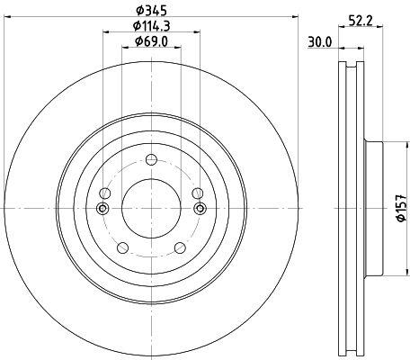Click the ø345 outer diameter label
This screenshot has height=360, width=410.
151,11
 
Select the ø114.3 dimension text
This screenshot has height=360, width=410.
151,26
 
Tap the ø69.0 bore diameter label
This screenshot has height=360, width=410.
151,41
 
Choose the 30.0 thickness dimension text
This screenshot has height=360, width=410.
320,42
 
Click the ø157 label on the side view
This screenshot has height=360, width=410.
402,208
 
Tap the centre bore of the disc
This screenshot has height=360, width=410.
151,208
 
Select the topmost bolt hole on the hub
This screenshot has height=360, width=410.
151,159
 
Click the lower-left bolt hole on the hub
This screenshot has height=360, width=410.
122,247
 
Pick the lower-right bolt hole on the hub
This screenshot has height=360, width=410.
180,247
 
